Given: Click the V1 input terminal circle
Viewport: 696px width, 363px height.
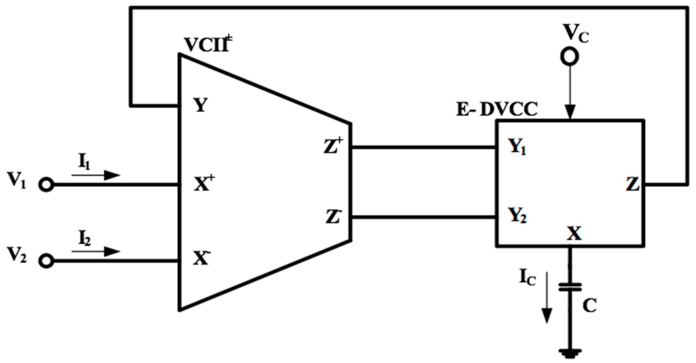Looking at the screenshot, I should pyautogui.click(x=46, y=185).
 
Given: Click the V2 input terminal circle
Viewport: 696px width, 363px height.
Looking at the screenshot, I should pyautogui.click(x=46, y=261).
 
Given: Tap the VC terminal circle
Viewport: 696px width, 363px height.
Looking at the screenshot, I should pyautogui.click(x=569, y=57).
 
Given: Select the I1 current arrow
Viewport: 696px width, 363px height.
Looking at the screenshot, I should pyautogui.click(x=96, y=175).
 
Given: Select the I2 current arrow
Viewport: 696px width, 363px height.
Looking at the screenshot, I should pyautogui.click(x=96, y=251).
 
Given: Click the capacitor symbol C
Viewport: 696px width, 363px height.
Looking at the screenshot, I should pyautogui.click(x=570, y=287).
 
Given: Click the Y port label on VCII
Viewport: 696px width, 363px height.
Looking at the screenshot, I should pyautogui.click(x=201, y=105).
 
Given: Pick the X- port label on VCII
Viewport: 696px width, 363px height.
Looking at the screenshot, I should pyautogui.click(x=202, y=258).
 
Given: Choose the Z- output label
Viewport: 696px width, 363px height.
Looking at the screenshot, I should pyautogui.click(x=332, y=217).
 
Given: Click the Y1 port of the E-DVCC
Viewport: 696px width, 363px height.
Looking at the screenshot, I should pyautogui.click(x=517, y=147).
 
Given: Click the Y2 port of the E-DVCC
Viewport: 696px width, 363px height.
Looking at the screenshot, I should pyautogui.click(x=517, y=216).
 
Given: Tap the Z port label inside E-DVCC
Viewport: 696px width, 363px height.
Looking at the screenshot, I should pyautogui.click(x=632, y=185).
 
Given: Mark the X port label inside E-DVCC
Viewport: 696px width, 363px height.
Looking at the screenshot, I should pyautogui.click(x=574, y=234).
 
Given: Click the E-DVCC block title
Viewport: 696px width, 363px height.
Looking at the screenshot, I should pyautogui.click(x=497, y=110).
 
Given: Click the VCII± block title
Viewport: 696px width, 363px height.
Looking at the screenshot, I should pyautogui.click(x=208, y=44).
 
